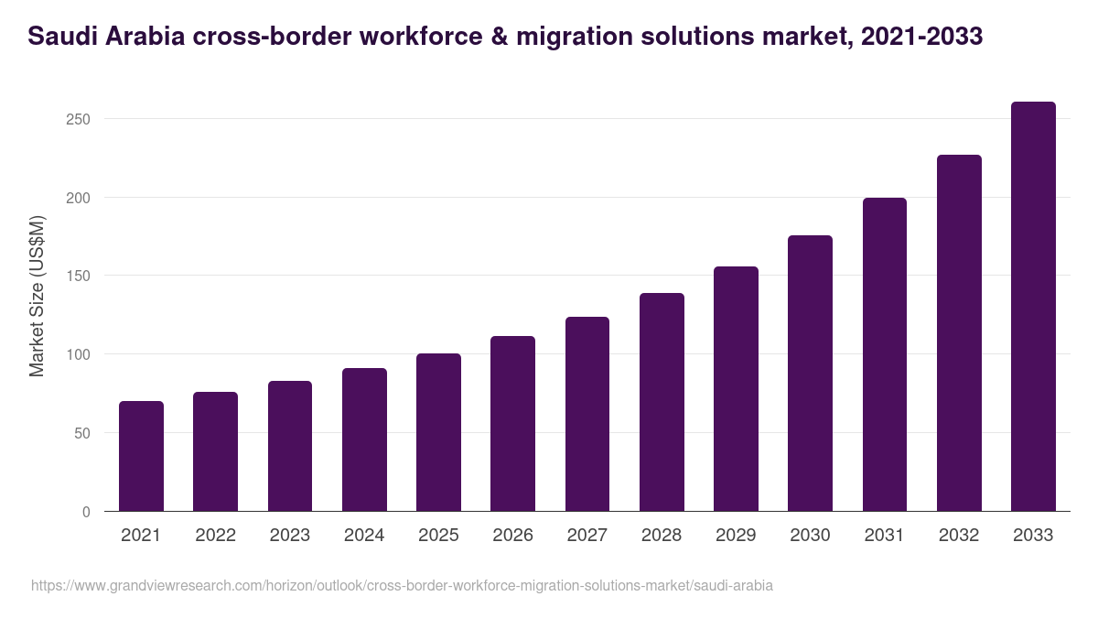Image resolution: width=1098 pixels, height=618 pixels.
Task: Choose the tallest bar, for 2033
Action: point(1033,307)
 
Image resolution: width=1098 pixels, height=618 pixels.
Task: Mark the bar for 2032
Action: point(959,333)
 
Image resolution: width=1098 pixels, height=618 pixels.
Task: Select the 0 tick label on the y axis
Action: point(86,512)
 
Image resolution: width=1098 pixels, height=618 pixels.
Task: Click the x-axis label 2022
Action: point(215,536)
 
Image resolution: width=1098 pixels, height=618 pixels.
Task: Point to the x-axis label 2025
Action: point(438,536)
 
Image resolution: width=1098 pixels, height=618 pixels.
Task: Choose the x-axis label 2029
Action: point(736,536)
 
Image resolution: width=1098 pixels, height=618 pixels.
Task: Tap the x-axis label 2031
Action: point(885,536)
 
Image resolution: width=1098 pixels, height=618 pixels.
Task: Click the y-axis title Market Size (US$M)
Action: point(37,296)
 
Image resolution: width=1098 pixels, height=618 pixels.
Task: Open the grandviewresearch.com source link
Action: point(402,585)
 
